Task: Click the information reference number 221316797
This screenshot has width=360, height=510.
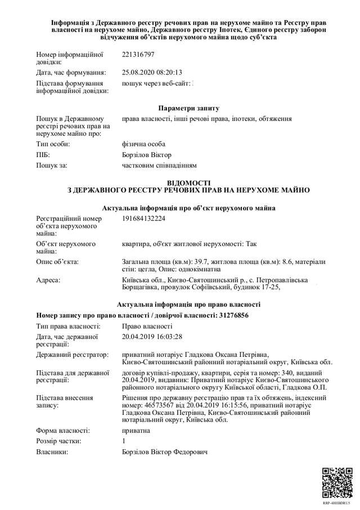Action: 138,55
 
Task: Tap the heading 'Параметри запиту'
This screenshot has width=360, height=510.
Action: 188,108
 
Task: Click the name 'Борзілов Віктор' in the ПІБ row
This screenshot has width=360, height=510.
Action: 147,155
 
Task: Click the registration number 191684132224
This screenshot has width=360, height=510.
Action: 143,218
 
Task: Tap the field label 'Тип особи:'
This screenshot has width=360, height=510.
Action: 52,144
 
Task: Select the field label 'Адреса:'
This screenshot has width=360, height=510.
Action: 48,280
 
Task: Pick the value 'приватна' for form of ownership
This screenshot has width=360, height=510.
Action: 136,431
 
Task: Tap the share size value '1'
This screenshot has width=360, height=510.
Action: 124,441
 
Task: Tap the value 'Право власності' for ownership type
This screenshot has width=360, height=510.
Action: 147,326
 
